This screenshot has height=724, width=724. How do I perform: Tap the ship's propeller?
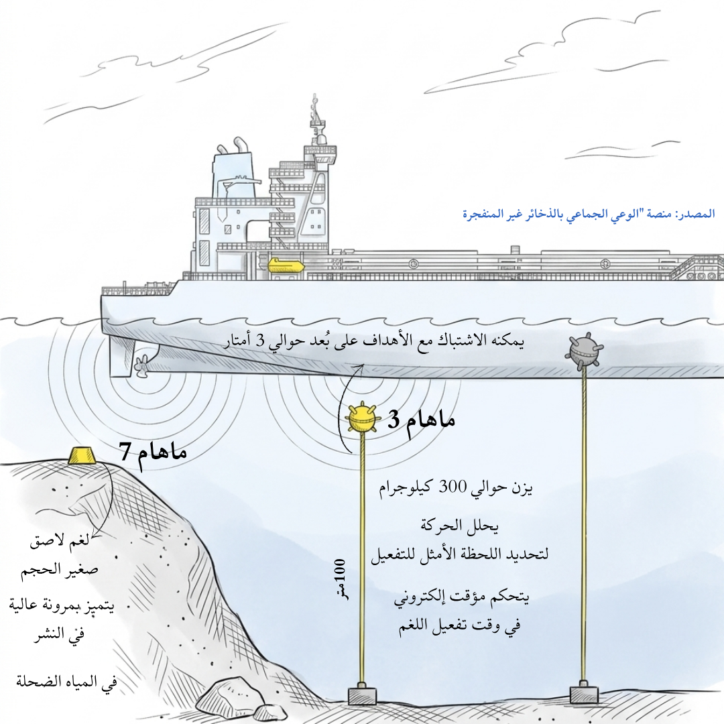point(141,366)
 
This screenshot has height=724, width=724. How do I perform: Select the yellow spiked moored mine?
point(361,418)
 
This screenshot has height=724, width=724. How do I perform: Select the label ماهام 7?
point(153,451)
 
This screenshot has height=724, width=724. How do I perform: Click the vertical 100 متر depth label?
point(340,577)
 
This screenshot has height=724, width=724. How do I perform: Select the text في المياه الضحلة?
point(66,684)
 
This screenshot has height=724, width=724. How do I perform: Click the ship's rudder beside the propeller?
point(123,356)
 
